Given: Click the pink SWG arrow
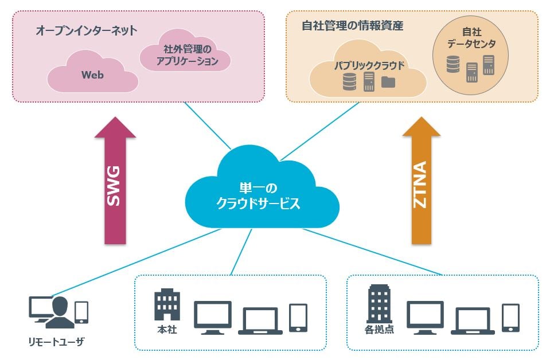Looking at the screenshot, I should pyautogui.click(x=115, y=183).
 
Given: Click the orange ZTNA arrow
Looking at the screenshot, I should pyautogui.click(x=422, y=183).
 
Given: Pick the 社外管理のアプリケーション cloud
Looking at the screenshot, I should pyautogui.click(x=187, y=55).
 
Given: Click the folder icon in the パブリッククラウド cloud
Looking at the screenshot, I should pyautogui.click(x=388, y=82).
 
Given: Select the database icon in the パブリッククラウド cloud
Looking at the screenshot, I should pyautogui.click(x=349, y=82).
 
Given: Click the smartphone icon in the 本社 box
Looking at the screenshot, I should pyautogui.click(x=298, y=318).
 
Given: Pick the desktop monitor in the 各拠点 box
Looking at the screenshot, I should pyautogui.click(x=425, y=318).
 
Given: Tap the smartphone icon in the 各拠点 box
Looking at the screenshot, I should pyautogui.click(x=510, y=318).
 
